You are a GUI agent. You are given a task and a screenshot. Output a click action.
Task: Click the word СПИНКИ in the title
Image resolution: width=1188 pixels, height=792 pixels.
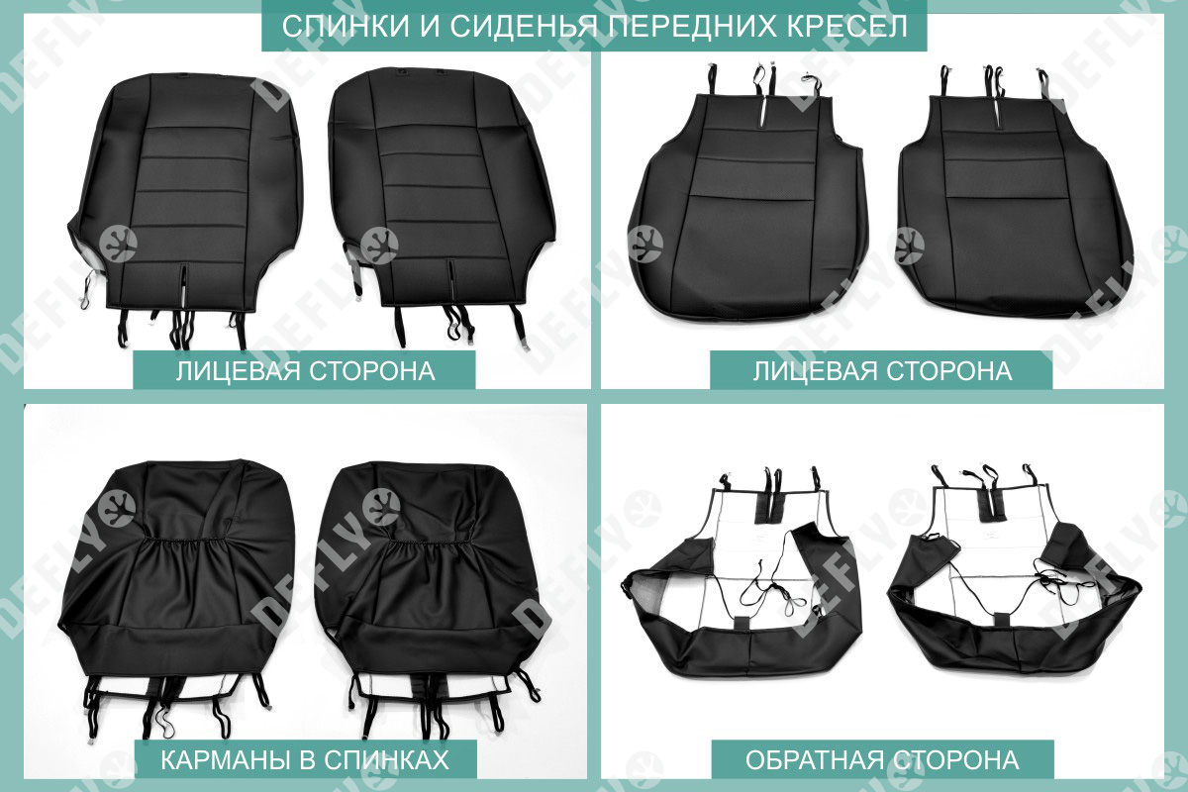(346, 27)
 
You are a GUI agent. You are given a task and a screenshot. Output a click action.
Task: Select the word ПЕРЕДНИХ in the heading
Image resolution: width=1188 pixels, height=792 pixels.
(685, 27)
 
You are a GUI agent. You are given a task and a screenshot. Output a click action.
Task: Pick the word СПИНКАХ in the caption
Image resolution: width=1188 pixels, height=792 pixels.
(387, 759)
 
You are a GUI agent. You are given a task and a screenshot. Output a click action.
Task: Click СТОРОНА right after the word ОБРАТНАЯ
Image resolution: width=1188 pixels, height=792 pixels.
(952, 759)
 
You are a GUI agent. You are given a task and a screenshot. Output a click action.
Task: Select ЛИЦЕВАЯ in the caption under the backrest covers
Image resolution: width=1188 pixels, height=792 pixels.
(235, 371)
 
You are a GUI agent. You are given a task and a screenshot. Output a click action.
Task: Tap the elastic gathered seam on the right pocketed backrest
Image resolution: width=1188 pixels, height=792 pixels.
(429, 544)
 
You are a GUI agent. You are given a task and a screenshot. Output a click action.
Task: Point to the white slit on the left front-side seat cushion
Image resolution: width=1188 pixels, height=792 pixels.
(761, 113)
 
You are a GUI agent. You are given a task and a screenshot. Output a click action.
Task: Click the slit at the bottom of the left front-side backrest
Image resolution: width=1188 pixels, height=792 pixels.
(183, 284)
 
